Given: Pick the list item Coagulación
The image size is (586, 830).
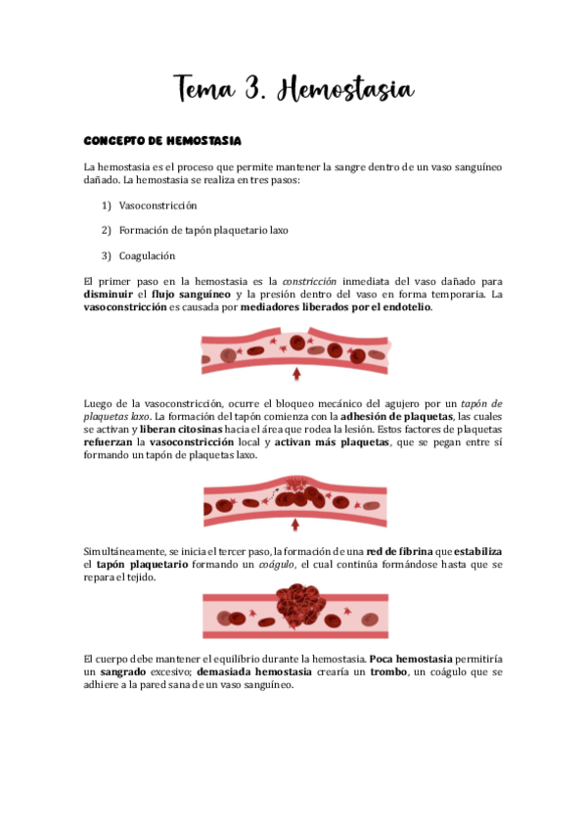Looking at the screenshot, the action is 147,255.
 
